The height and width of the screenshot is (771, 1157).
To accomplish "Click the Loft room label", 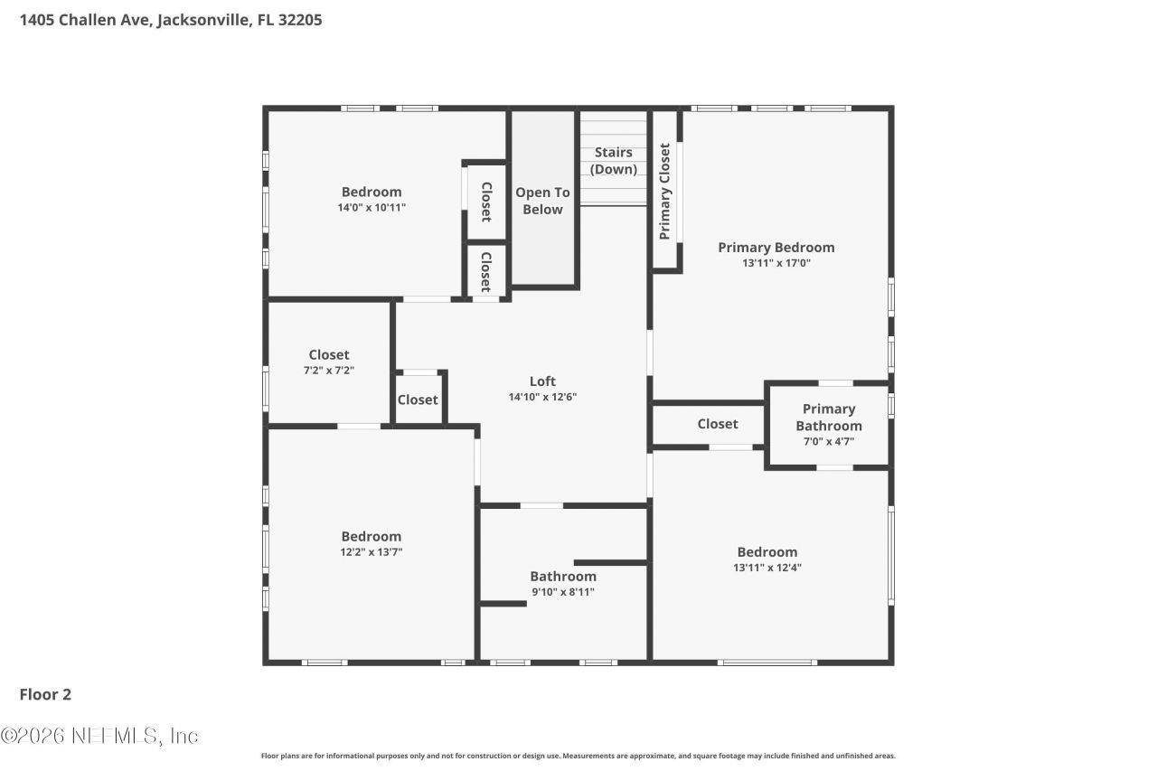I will point(542,381).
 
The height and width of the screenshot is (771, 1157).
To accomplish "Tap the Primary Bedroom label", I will point(776,247).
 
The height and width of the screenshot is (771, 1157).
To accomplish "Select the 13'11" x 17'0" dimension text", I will point(776,264).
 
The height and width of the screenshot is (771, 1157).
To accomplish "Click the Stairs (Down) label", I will point(614,161).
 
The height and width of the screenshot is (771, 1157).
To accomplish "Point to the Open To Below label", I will point(542,201).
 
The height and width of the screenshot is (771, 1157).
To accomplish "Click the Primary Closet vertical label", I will point(665,191).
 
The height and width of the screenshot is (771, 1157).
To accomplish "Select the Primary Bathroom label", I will point(829,418).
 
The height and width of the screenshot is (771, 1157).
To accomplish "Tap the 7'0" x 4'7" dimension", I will point(829,442).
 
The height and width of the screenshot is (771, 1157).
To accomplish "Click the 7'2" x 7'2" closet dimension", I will point(329,371).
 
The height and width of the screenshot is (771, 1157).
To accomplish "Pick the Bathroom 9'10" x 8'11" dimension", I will point(563,593).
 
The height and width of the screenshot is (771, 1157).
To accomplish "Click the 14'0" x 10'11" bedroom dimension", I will point(372,208).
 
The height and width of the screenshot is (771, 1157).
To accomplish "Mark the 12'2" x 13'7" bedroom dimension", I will point(372,552).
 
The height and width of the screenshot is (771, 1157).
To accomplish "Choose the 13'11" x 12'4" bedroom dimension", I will point(767,569).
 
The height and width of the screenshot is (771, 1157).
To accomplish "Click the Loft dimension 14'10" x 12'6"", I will point(542,397).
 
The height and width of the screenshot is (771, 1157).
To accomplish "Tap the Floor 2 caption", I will point(45,694).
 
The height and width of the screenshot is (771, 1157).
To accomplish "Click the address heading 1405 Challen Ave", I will point(171,19).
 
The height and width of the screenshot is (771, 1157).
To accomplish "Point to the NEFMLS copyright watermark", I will point(99,736).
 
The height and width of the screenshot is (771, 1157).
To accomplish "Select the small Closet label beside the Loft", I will point(418,400).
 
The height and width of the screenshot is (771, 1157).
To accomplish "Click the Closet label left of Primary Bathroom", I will point(718,424).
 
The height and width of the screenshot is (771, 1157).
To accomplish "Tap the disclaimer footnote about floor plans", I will point(578,756).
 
